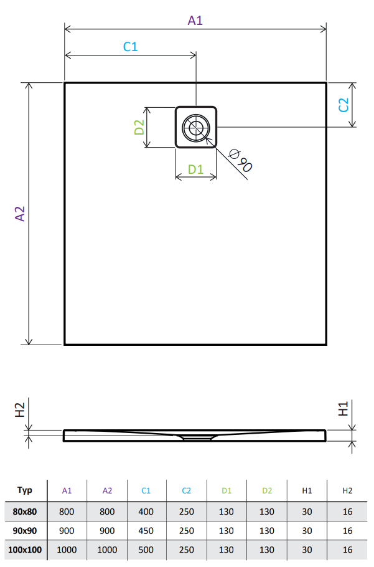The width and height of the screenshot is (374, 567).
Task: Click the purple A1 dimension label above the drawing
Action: pyautogui.click(x=195, y=20)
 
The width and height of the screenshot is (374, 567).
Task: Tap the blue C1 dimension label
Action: pyautogui.click(x=130, y=47)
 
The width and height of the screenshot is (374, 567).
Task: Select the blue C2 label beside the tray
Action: pyautogui.click(x=344, y=105)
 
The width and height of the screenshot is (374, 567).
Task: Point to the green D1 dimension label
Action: pyautogui.click(x=195, y=169)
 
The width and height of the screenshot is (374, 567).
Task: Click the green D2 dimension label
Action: pyautogui.click(x=139, y=127)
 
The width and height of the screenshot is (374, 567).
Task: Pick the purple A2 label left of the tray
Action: pyautogui.click(x=20, y=214)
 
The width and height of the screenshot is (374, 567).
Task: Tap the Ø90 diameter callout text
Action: pyautogui.click(x=241, y=160)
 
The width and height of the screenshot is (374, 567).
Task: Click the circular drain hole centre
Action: pyautogui.click(x=196, y=127)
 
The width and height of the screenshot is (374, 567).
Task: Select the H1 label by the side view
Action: pyautogui.click(x=343, y=409)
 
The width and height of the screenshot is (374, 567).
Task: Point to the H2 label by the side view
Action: pyautogui.click(x=19, y=410)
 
